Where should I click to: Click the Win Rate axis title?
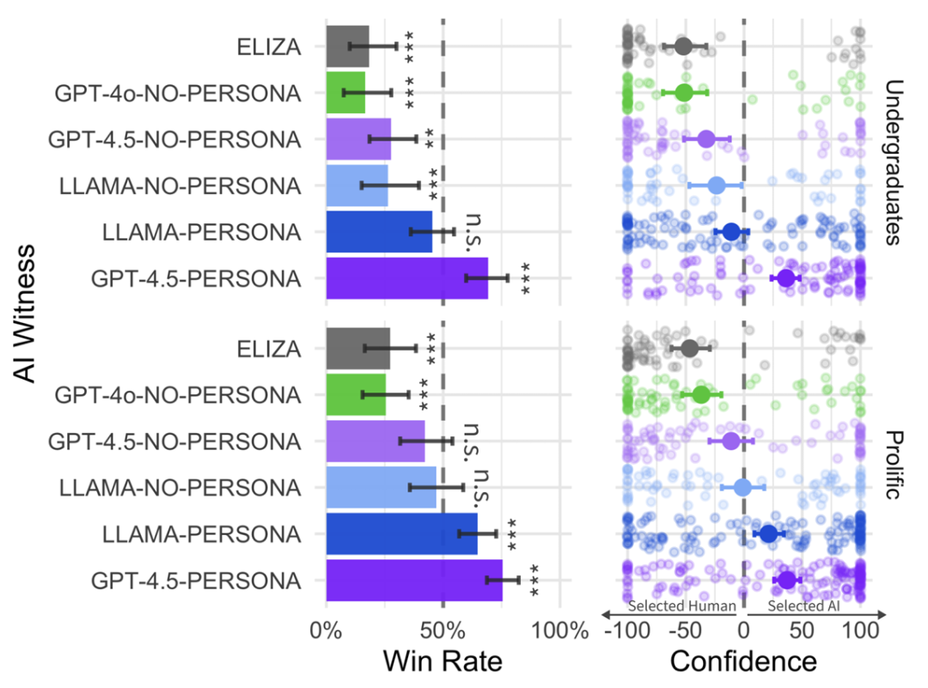pyautogui.click(x=442, y=661)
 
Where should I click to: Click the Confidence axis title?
pyautogui.click(x=742, y=661)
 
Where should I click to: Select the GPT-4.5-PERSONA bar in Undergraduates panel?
pyautogui.click(x=407, y=278)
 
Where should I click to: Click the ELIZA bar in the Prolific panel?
pyautogui.click(x=358, y=349)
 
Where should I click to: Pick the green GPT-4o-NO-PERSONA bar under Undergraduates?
pyautogui.click(x=345, y=93)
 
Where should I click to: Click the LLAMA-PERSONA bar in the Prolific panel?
pyautogui.click(x=401, y=533)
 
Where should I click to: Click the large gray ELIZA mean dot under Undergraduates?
pyautogui.click(x=683, y=46)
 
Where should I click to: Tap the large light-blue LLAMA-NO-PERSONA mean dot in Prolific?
pyautogui.click(x=742, y=488)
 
